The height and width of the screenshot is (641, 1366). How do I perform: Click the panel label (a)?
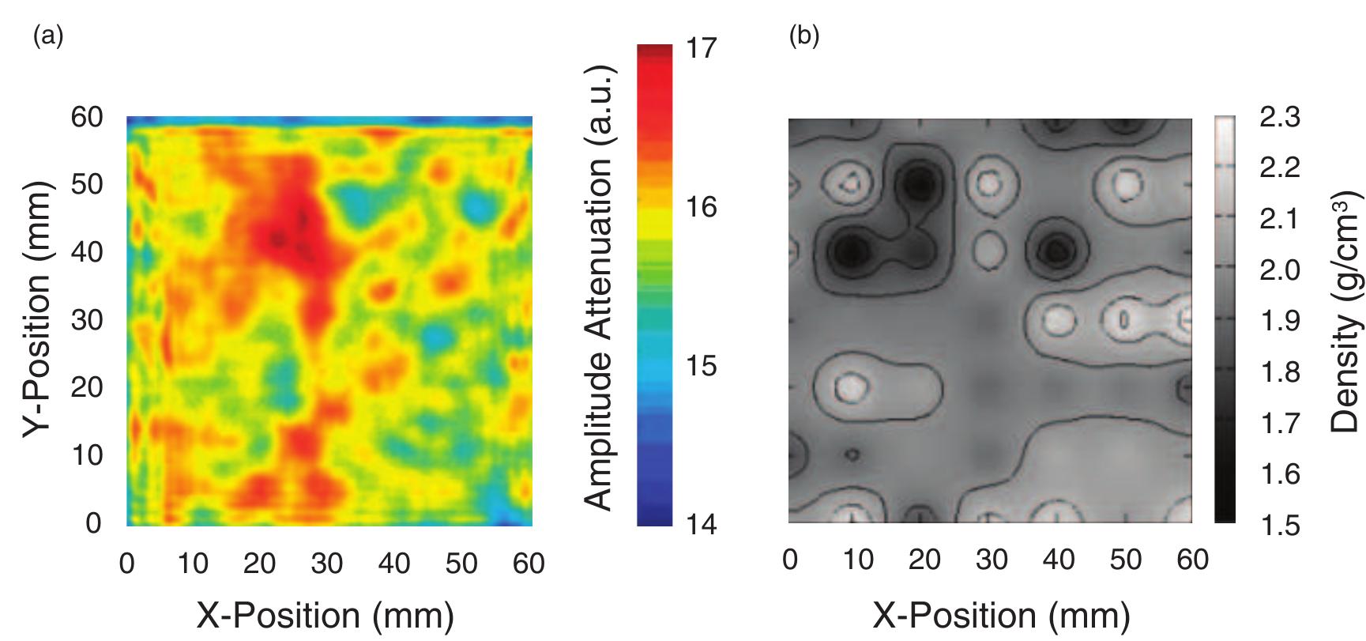pos(47,36)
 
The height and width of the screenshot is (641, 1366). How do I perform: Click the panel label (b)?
pos(804,36)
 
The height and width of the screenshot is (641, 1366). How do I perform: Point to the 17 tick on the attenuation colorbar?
pos(701,49)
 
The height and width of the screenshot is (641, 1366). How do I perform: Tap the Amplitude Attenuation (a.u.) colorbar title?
pos(600,288)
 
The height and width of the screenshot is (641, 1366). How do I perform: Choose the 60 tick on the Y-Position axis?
pos(87,118)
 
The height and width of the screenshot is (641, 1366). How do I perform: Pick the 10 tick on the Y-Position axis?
pos(87,455)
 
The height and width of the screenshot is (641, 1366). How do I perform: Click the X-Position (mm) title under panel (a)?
pos(325,615)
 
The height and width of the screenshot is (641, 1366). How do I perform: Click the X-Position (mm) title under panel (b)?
pos(1001,615)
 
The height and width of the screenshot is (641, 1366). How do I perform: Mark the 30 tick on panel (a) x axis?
pos(326,564)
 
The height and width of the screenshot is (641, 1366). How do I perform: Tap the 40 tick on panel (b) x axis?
pos(1058,560)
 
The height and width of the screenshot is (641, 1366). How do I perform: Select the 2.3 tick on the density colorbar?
pos(1280,118)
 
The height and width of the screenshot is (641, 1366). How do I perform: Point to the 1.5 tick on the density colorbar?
pos(1280,525)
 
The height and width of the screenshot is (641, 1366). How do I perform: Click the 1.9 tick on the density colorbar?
pos(1280,321)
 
